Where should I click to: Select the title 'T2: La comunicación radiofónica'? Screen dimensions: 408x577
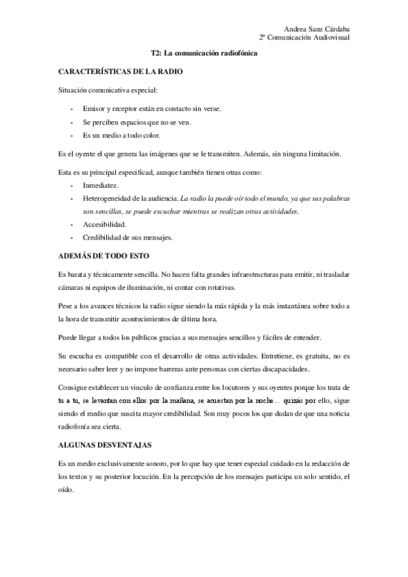[204, 53]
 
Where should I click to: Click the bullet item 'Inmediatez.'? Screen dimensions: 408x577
[100, 185]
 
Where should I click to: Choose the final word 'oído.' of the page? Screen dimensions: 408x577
[65, 489]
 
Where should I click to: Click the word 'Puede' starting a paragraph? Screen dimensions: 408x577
[68, 338]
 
